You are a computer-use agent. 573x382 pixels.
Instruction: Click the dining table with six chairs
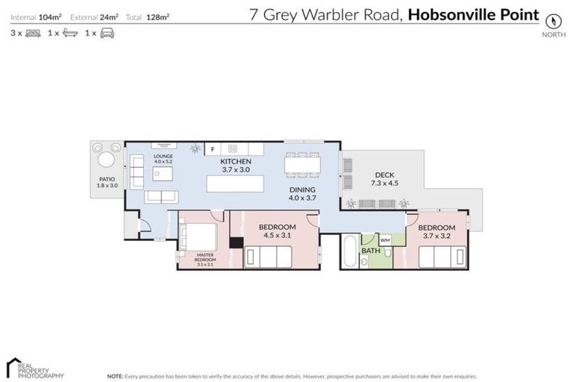coord(303,163)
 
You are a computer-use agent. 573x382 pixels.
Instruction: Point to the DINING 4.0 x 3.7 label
coord(302,194)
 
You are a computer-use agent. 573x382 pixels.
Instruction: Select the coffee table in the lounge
coord(163,174)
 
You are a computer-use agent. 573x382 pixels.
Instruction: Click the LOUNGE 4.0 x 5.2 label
coord(163,159)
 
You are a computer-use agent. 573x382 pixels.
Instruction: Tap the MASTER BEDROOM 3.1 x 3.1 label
coord(205,260)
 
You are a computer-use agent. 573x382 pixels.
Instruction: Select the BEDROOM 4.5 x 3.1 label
coord(277,231)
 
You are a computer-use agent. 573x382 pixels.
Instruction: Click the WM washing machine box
coord(385,240)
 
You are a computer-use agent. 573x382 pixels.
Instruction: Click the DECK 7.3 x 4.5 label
coord(384,179)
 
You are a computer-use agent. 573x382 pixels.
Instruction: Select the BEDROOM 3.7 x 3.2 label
coord(436,232)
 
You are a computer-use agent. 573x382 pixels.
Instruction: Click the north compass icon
coord(552,21)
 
